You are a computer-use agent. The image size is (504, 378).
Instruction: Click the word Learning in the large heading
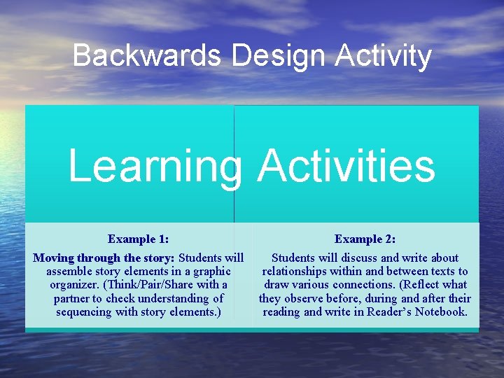[154, 167]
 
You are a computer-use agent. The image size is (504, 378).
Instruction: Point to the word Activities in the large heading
[346, 167]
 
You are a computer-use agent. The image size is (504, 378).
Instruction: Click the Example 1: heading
[138, 239]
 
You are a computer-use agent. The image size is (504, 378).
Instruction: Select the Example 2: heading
[365, 239]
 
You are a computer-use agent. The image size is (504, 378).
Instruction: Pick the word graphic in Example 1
[210, 271]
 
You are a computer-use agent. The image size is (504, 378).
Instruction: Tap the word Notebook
[440, 311]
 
